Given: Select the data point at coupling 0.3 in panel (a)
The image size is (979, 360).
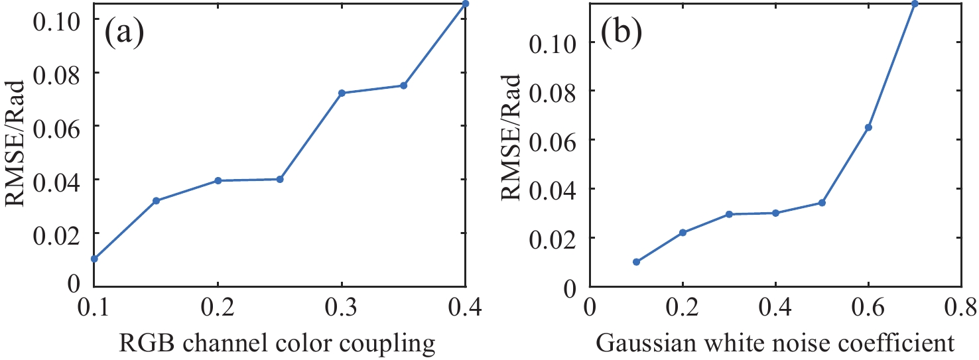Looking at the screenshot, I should (342, 93).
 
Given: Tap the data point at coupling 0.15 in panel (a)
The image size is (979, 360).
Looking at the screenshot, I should (156, 200).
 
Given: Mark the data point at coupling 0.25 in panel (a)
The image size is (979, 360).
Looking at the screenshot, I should (280, 179).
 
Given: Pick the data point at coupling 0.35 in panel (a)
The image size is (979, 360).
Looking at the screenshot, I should (403, 86).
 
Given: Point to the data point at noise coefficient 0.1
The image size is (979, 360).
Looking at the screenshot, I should (636, 262).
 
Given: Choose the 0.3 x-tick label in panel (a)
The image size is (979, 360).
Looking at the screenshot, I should (342, 308).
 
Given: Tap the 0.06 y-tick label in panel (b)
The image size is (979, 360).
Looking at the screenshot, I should (555, 140).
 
